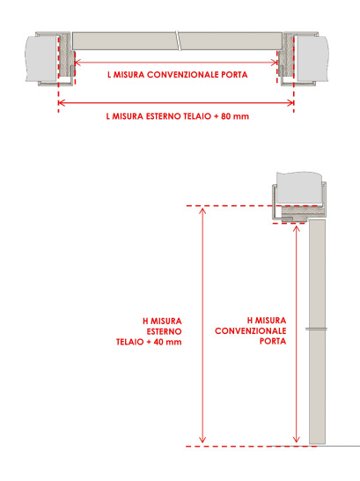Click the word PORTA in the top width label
point(234,75)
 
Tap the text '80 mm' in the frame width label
point(235,116)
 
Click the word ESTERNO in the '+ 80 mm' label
point(164,116)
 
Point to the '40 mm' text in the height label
point(167,342)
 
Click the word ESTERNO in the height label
point(164,331)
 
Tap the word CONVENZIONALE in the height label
point(251,331)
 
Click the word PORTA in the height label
point(273,341)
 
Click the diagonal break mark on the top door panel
point(178,41)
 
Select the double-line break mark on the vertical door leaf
point(317,329)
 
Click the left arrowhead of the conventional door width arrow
point(77,63)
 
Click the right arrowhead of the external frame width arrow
point(291,103)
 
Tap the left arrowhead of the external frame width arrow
point(61,103)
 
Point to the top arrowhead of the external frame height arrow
point(202,210)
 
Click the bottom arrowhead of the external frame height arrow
point(202,440)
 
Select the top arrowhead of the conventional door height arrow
point(296,228)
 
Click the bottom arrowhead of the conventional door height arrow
point(296,440)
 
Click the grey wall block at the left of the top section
point(40,58)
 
